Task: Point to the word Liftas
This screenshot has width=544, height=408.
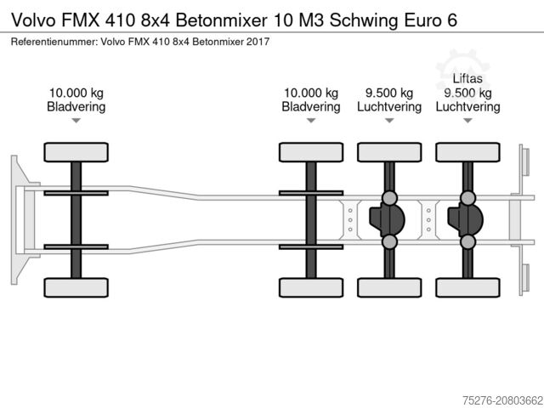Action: (467, 79)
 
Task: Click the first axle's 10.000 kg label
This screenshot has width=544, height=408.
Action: (76, 93)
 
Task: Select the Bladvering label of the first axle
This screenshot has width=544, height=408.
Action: (76, 107)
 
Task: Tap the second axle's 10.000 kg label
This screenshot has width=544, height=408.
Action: (311, 93)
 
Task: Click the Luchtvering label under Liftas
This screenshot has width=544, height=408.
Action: (467, 107)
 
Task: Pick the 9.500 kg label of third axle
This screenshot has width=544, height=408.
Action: (389, 93)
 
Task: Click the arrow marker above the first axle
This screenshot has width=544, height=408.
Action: (76, 122)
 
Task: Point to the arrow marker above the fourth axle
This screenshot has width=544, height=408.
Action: (467, 122)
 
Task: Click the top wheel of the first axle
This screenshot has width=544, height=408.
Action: (76, 153)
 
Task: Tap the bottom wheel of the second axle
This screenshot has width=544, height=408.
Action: (311, 287)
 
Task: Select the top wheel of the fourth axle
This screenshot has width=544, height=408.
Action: (467, 153)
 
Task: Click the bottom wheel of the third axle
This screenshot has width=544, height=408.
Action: (389, 287)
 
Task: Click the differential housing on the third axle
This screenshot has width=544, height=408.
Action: (388, 220)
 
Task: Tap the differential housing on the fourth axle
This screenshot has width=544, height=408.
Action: (465, 220)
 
